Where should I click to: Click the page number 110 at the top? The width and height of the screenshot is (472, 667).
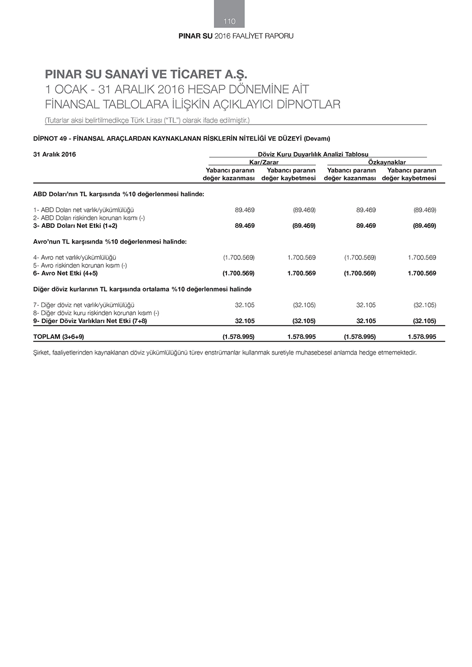pyautogui.click(x=229, y=21)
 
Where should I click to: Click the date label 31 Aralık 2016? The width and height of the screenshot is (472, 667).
pyautogui.click(x=54, y=154)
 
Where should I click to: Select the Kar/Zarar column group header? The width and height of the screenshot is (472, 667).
pyautogui.click(x=263, y=162)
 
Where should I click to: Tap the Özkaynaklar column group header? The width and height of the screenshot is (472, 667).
pyautogui.click(x=387, y=162)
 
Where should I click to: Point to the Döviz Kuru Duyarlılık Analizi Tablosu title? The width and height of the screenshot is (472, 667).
pyautogui.click(x=313, y=154)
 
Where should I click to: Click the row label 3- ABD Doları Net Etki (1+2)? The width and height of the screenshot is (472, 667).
pyautogui.click(x=75, y=226)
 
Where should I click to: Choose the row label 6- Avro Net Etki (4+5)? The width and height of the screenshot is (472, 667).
pyautogui.click(x=65, y=274)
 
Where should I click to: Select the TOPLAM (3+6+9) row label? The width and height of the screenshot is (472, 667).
pyautogui.click(x=59, y=337)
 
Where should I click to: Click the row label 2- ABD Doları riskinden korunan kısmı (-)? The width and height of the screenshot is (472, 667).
pyautogui.click(x=89, y=218)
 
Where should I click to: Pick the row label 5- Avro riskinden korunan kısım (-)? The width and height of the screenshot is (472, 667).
pyautogui.click(x=80, y=266)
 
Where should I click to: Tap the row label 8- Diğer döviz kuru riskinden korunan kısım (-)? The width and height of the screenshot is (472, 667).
pyautogui.click(x=96, y=313)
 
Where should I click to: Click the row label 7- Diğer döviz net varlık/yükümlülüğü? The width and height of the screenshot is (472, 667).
pyautogui.click(x=84, y=305)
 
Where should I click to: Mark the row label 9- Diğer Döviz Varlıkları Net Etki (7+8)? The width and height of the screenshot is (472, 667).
pyautogui.click(x=90, y=321)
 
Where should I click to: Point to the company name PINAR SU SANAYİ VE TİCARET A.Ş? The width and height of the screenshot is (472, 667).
pyautogui.click(x=146, y=75)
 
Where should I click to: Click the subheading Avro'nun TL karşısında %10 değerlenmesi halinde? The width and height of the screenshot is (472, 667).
pyautogui.click(x=110, y=242)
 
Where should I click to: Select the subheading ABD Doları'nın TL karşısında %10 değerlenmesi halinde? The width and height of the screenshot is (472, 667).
pyautogui.click(x=118, y=194)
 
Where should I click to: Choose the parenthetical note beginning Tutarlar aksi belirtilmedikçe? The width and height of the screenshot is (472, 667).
pyautogui.click(x=147, y=120)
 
